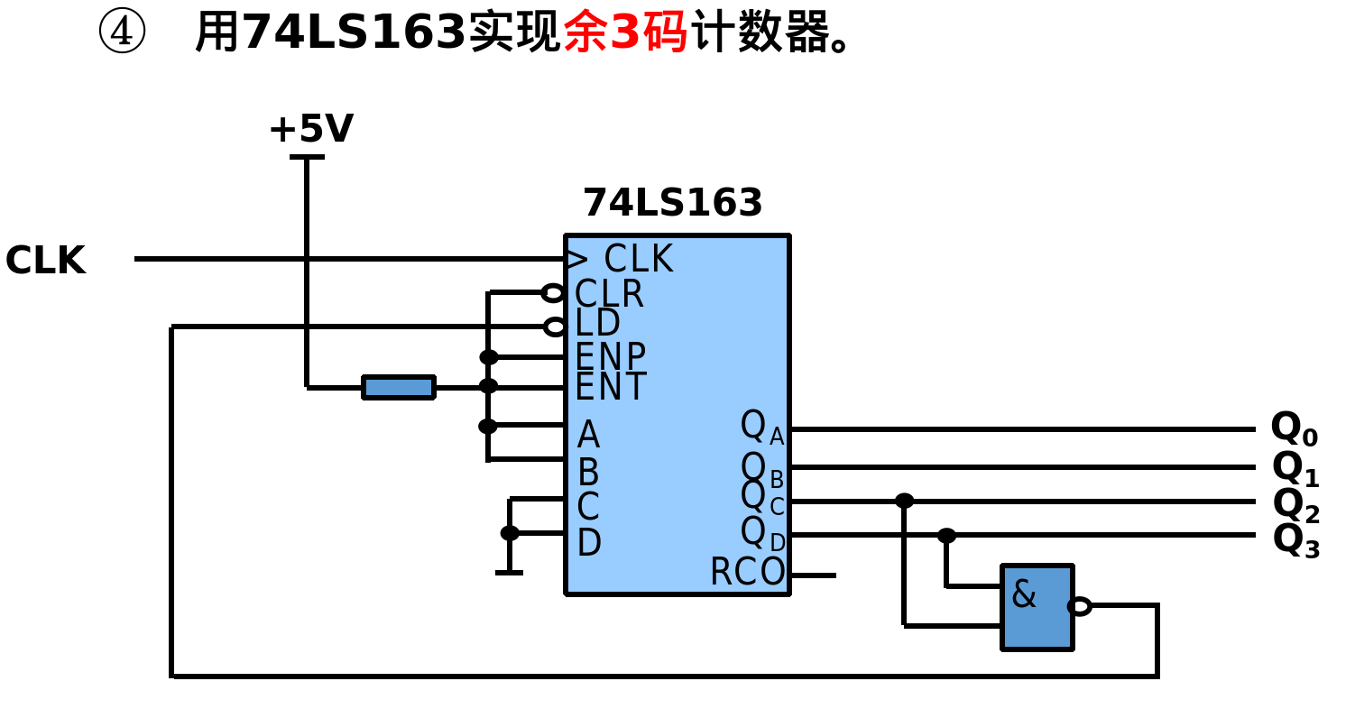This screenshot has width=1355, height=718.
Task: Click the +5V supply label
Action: point(310,129)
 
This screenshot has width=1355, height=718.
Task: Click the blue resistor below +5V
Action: point(398,387)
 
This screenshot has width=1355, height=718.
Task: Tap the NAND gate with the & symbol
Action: point(1037,606)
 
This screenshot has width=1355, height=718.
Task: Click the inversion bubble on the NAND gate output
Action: point(1080,606)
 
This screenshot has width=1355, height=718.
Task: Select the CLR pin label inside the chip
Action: point(609,294)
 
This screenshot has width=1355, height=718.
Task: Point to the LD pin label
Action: point(597,323)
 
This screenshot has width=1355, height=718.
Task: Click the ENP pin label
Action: point(610,356)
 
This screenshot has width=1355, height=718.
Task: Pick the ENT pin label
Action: point(610,387)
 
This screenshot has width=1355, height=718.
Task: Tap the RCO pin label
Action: point(747,572)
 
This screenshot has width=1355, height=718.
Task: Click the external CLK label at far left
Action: point(45,260)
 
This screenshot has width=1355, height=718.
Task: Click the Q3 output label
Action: point(1295,540)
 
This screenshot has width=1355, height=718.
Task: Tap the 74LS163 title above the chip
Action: point(672,203)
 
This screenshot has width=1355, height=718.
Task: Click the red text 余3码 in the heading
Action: point(625,32)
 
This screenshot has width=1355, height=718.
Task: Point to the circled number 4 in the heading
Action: point(121,32)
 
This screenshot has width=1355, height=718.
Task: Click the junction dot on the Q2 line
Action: point(904,501)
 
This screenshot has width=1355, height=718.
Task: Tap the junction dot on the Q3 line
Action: point(946,535)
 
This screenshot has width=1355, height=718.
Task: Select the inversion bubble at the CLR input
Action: point(553,293)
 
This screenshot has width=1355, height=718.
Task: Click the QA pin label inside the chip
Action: point(761,426)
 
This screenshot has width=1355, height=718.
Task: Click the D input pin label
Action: point(588,543)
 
